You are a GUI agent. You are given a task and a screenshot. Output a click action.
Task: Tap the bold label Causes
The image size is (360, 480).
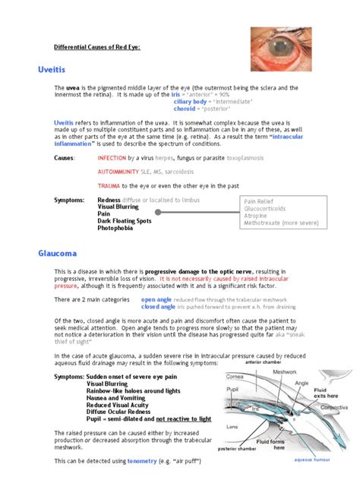(x=65, y=158)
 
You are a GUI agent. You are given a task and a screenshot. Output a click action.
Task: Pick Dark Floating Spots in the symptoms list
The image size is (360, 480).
(x=130, y=220)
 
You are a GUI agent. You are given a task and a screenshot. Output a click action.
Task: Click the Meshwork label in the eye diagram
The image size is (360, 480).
(x=284, y=372)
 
